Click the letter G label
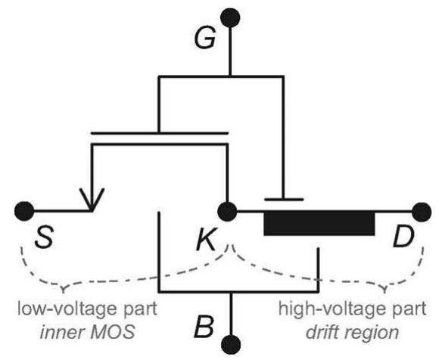(204, 40)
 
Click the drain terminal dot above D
(421, 210)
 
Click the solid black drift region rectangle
(319, 225)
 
